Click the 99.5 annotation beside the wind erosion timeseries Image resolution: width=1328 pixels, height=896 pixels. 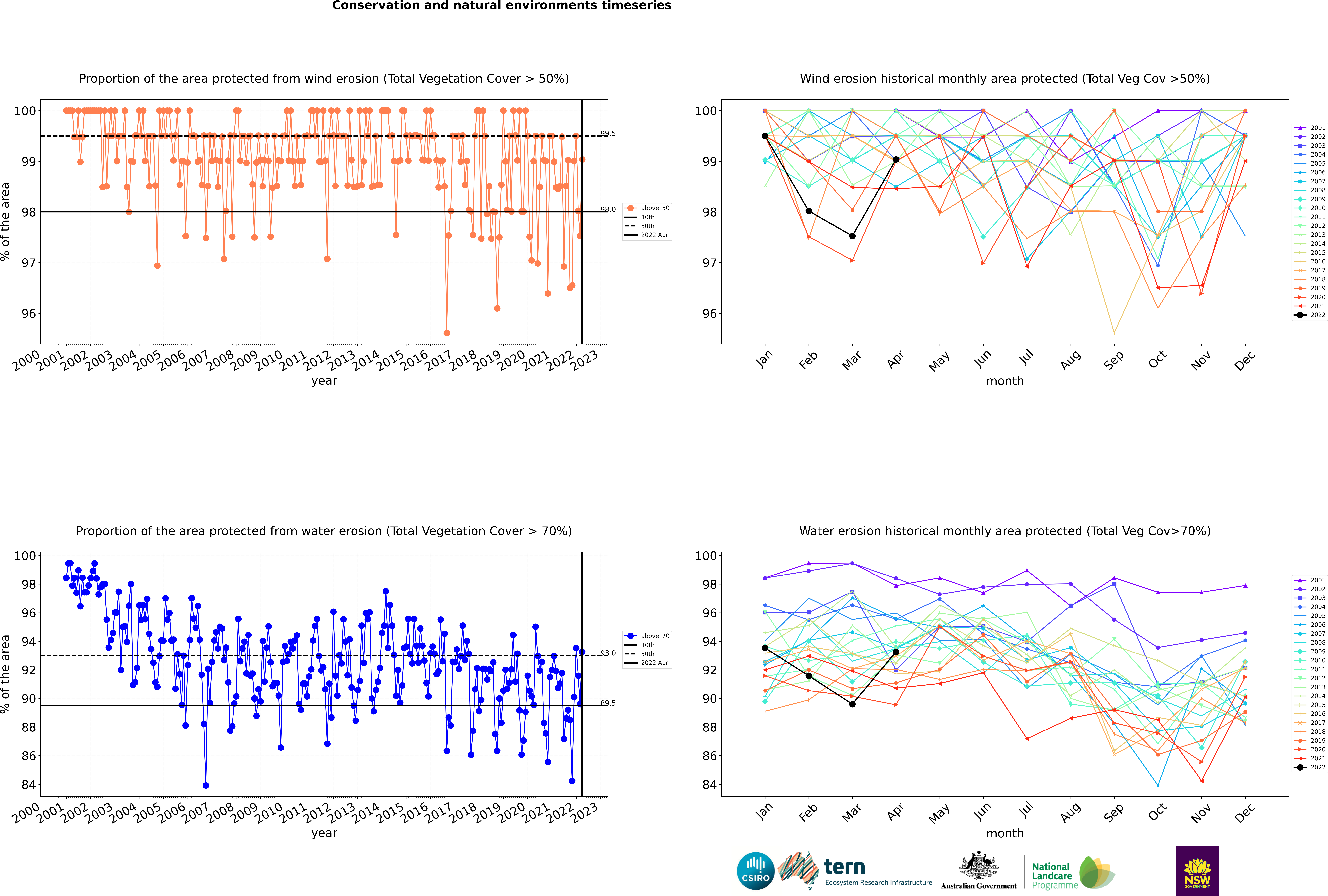[608, 134]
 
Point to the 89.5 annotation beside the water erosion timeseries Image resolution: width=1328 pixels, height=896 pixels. [608, 703]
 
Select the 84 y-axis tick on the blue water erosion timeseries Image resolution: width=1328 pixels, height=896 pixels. [28, 785]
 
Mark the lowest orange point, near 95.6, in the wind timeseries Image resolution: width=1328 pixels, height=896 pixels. [446, 333]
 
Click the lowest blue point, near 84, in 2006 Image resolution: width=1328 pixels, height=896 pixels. [206, 785]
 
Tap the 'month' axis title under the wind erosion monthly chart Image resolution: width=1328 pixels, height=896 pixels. [1005, 381]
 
